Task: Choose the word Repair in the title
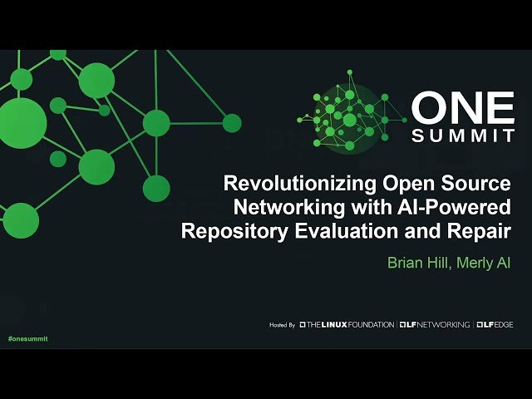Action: click(482, 230)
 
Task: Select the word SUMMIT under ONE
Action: click(464, 135)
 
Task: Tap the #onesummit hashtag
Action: click(27, 340)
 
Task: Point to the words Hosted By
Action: click(283, 324)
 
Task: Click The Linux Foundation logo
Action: click(347, 324)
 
